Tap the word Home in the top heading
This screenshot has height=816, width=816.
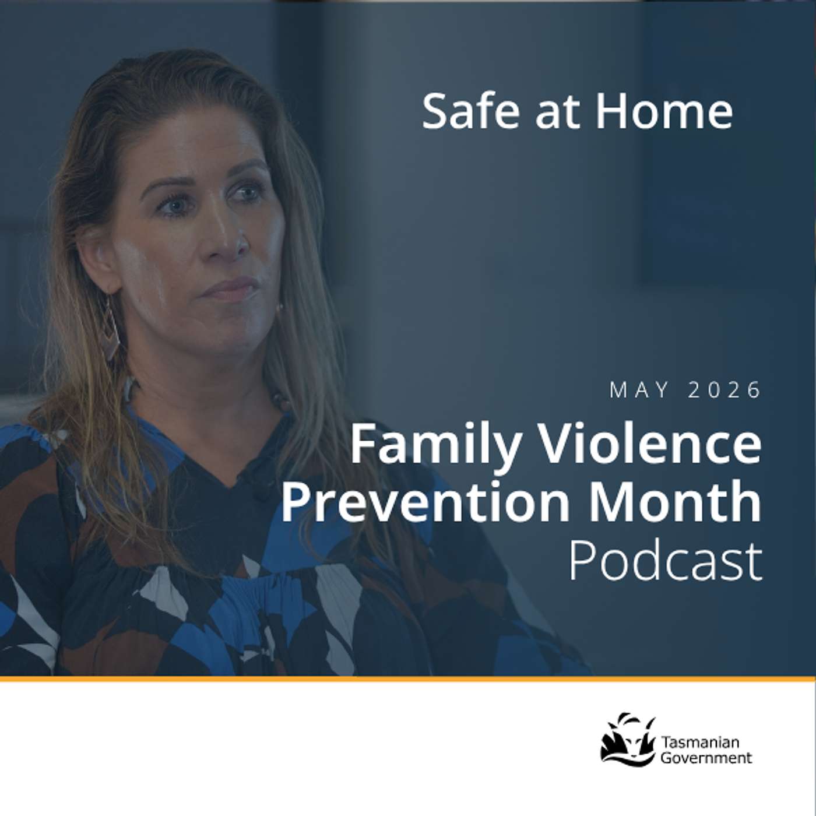(x=664, y=111)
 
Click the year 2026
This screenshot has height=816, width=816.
(x=724, y=390)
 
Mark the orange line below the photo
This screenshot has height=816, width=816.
(x=408, y=679)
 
